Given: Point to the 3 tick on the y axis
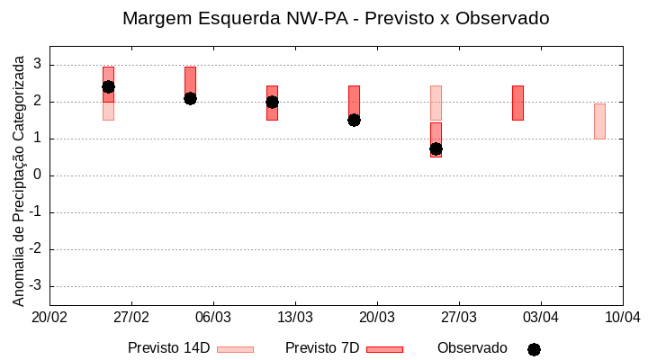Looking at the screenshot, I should [x=39, y=65].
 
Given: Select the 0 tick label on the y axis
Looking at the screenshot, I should [x=39, y=175].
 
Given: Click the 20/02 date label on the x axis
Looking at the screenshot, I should [x=49, y=318].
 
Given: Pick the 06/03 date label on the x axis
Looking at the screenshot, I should [x=213, y=318].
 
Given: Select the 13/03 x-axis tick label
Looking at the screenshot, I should [x=295, y=318].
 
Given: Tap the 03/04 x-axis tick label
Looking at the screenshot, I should [x=541, y=318].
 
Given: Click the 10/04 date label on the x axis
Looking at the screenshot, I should [x=622, y=318].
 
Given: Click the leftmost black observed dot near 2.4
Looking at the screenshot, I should [x=108, y=86].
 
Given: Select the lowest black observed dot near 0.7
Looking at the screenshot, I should [x=436, y=148].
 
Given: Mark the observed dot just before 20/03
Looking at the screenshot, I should [x=354, y=120].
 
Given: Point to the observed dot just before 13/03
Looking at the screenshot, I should [x=272, y=102].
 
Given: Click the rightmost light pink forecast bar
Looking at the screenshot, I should [x=599, y=121].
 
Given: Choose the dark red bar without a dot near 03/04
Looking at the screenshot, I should [x=517, y=103].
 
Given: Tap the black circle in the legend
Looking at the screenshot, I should [x=534, y=349].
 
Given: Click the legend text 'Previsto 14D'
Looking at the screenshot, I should [x=168, y=348].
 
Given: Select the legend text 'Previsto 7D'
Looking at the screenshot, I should [x=322, y=348].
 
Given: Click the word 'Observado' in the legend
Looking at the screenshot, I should [x=472, y=348].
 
